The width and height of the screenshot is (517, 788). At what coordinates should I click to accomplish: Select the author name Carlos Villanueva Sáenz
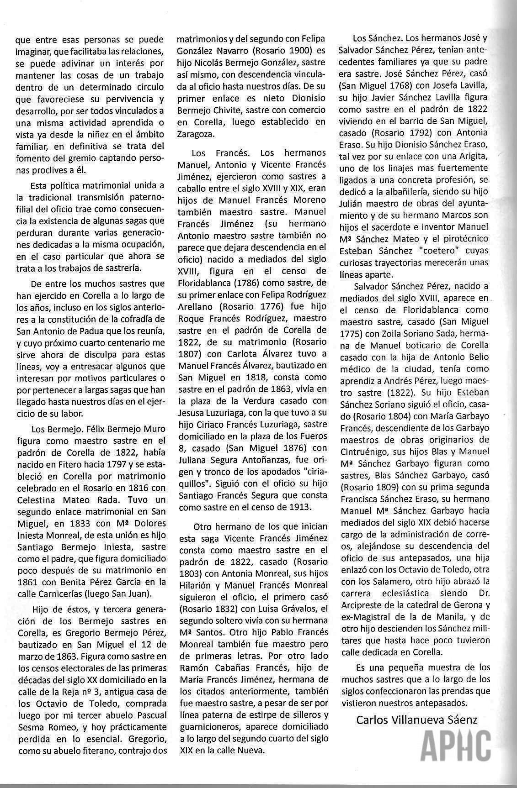(416, 720)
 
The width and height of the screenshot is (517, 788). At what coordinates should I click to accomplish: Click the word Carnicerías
(69, 594)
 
